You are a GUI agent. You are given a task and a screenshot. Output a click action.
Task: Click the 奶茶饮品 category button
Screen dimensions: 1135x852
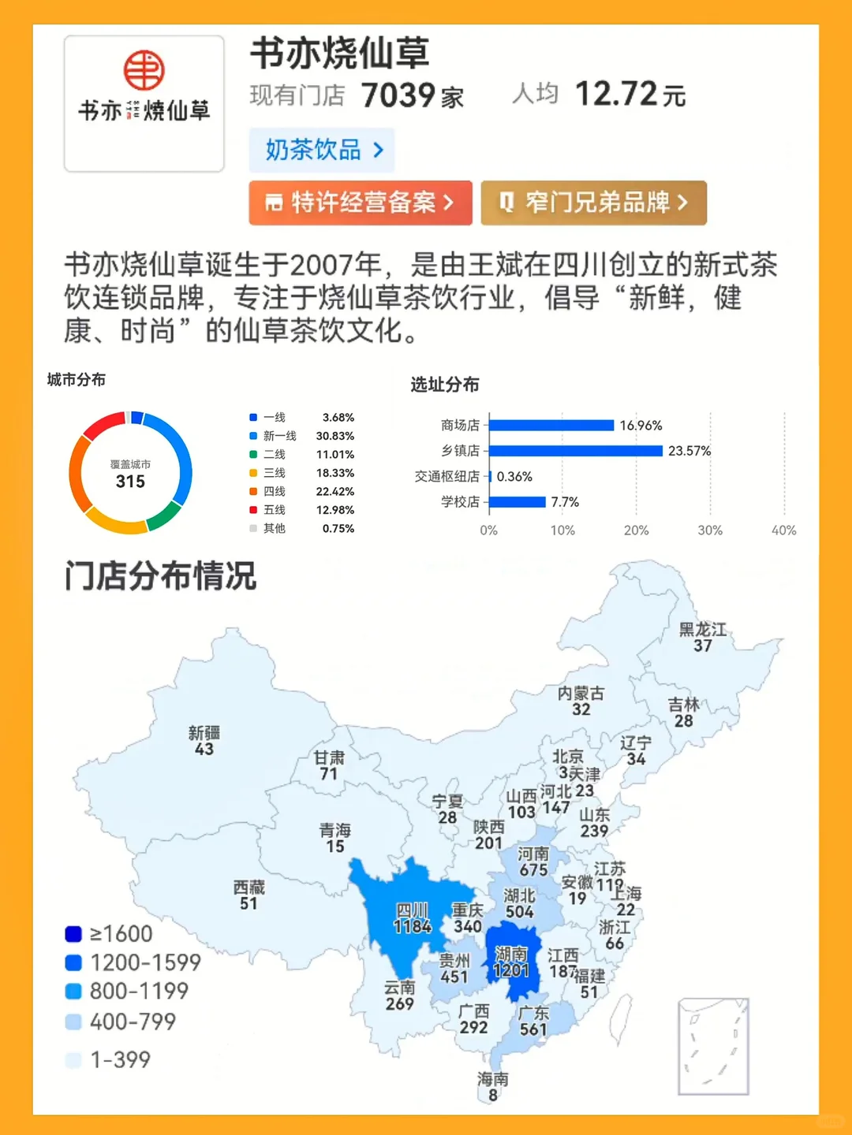[x=322, y=150]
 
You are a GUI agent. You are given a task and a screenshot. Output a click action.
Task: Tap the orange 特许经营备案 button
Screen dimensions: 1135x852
[x=361, y=203]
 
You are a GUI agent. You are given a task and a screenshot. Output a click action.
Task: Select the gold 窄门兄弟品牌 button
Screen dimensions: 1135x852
[x=593, y=203]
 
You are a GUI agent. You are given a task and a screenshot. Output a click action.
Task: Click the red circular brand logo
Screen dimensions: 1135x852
[x=144, y=70]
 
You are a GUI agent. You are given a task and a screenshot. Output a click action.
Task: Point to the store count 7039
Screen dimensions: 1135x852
[x=398, y=95]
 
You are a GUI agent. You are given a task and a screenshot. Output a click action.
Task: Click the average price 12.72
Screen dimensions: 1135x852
[x=616, y=95]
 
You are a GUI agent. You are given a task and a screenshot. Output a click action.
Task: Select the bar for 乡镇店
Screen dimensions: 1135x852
[x=576, y=451]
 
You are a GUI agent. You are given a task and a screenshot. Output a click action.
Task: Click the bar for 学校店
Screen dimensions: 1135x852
[x=518, y=502]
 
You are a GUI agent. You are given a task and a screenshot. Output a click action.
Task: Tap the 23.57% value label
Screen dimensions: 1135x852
[x=689, y=451]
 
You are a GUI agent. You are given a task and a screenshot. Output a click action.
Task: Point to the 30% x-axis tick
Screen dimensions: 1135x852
[x=710, y=530]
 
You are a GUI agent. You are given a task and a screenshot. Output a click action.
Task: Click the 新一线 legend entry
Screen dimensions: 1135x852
[x=279, y=436]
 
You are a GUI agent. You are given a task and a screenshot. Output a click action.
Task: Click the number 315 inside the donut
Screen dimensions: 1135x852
[x=130, y=482]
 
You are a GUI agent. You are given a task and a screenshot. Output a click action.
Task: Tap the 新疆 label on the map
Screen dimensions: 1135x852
[x=204, y=732]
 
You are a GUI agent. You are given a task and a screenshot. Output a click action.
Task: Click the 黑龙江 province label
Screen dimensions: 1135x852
[x=703, y=629]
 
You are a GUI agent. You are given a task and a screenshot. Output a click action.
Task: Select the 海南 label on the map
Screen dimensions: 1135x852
[x=493, y=1078]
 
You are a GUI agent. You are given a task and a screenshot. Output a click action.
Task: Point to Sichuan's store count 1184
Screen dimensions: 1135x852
[x=413, y=926]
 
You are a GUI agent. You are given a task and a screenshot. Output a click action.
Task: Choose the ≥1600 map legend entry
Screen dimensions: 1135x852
[x=110, y=934]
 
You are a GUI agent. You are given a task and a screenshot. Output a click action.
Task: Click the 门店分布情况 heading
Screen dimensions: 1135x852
[x=161, y=576]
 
